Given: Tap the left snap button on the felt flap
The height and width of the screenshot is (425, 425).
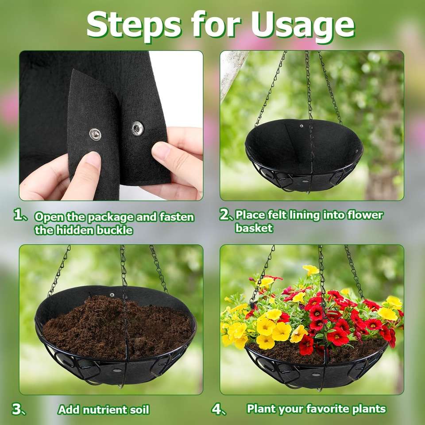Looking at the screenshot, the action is (x=95, y=135).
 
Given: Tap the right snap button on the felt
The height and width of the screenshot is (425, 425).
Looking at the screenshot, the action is (x=137, y=128).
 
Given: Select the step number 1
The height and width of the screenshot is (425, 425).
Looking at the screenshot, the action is (x=19, y=215).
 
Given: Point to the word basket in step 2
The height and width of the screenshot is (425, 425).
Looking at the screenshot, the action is (x=254, y=228).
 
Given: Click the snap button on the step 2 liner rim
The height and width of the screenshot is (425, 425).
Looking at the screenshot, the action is (x=301, y=126).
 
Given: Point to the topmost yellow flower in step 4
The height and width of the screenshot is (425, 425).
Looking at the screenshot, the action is (x=311, y=270).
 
